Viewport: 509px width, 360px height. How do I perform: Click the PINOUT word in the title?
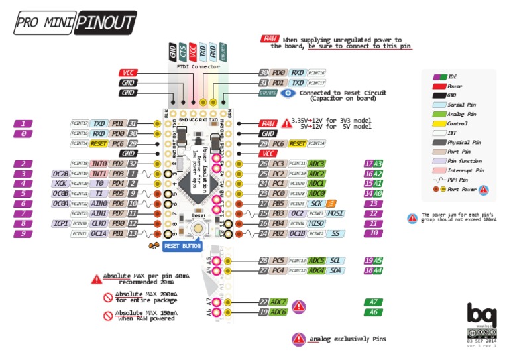(x=104, y=22)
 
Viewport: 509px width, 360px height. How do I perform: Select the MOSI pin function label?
(x=335, y=213)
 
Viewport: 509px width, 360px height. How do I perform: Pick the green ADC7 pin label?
(x=278, y=302)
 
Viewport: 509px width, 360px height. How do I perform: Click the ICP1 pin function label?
(x=61, y=223)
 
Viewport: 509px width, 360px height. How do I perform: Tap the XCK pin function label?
(x=61, y=183)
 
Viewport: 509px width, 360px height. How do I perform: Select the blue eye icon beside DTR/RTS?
(x=288, y=93)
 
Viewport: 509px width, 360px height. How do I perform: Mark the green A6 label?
(x=374, y=312)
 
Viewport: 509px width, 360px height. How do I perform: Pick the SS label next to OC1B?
(x=337, y=233)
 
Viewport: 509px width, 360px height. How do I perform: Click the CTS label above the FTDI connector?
(x=183, y=51)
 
